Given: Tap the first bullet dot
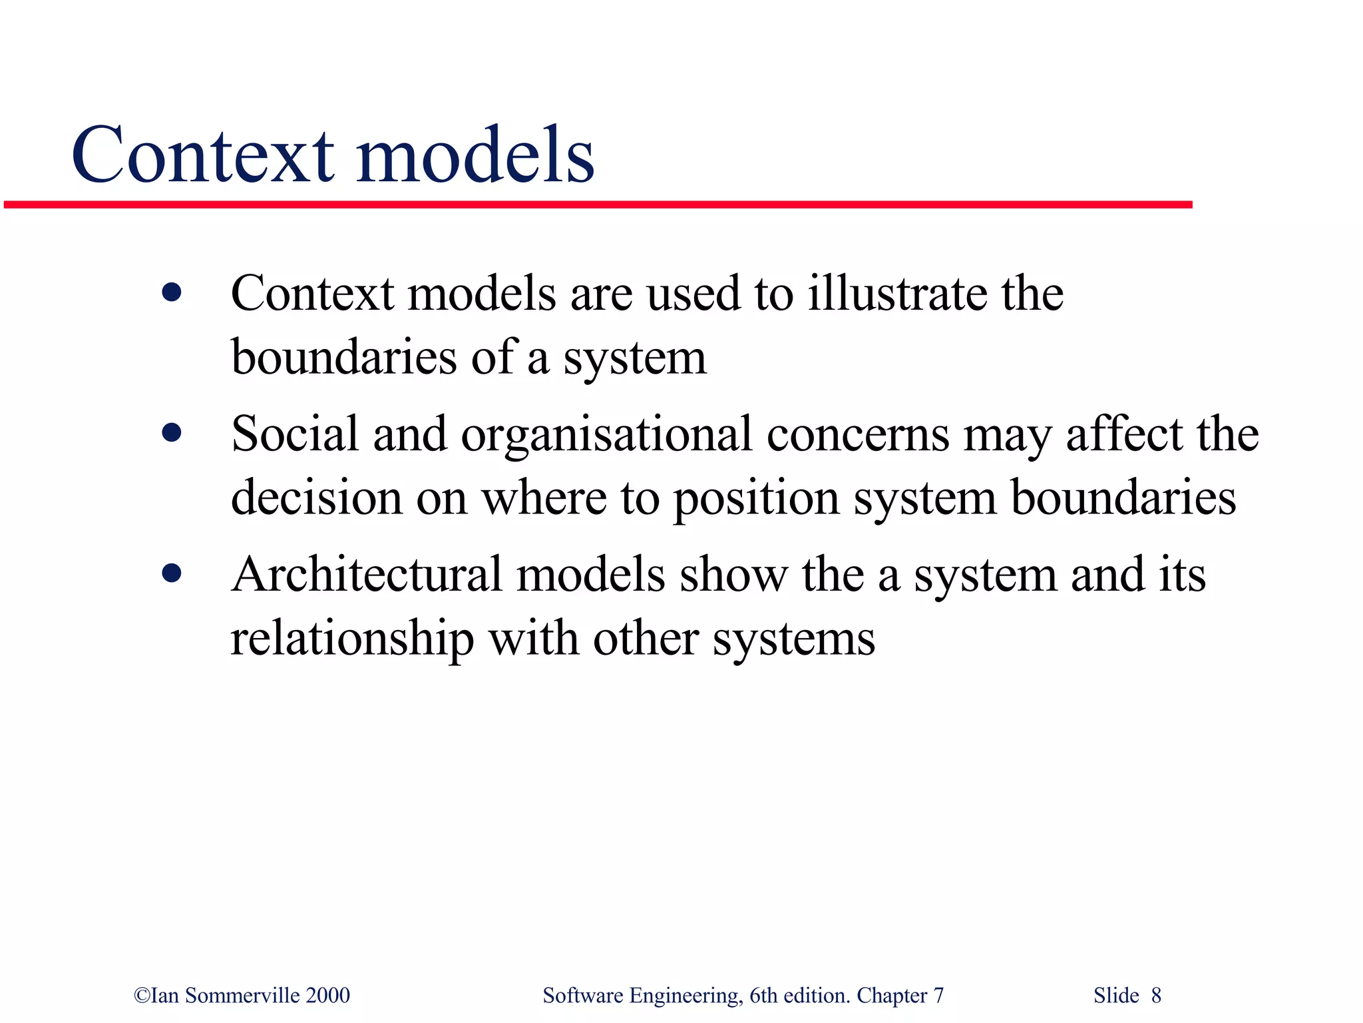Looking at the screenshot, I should [172, 292].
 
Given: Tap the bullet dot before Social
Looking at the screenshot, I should [172, 434].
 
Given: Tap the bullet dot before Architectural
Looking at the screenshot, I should [172, 573].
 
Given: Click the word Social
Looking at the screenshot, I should [295, 434].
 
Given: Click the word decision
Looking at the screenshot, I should [316, 498].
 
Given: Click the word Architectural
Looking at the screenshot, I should [366, 575].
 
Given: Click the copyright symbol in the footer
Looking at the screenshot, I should [142, 996].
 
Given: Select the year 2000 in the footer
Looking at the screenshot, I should [327, 996].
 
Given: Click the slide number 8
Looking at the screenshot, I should [1156, 996].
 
